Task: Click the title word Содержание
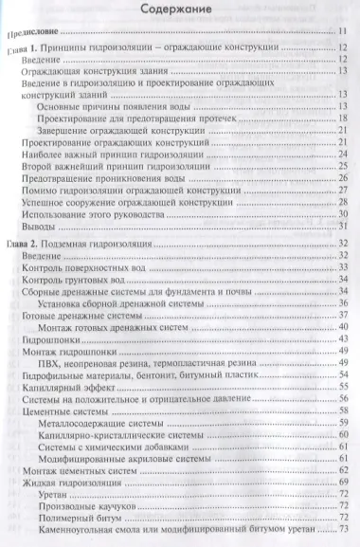[x=180, y=11]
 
